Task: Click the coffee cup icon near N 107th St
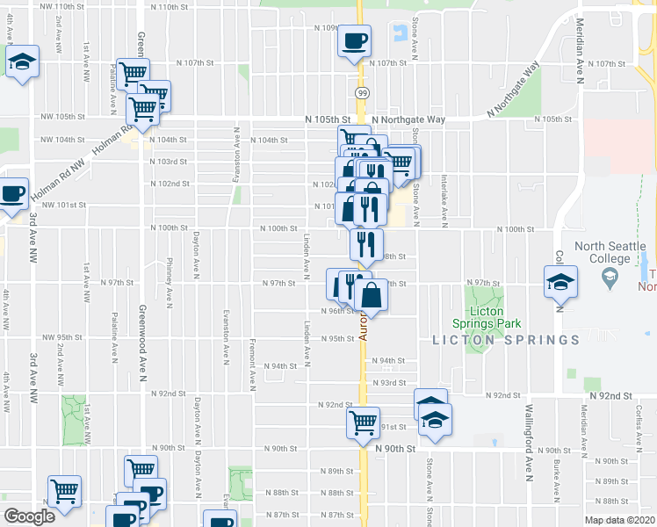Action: [x=355, y=40]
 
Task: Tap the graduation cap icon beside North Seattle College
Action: [x=560, y=282]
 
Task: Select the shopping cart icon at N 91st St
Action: [x=363, y=423]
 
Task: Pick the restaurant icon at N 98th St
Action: [x=366, y=243]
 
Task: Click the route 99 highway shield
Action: [x=362, y=91]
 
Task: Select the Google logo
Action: [x=29, y=516]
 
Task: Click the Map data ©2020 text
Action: [x=619, y=520]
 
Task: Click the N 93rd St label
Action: [x=390, y=383]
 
